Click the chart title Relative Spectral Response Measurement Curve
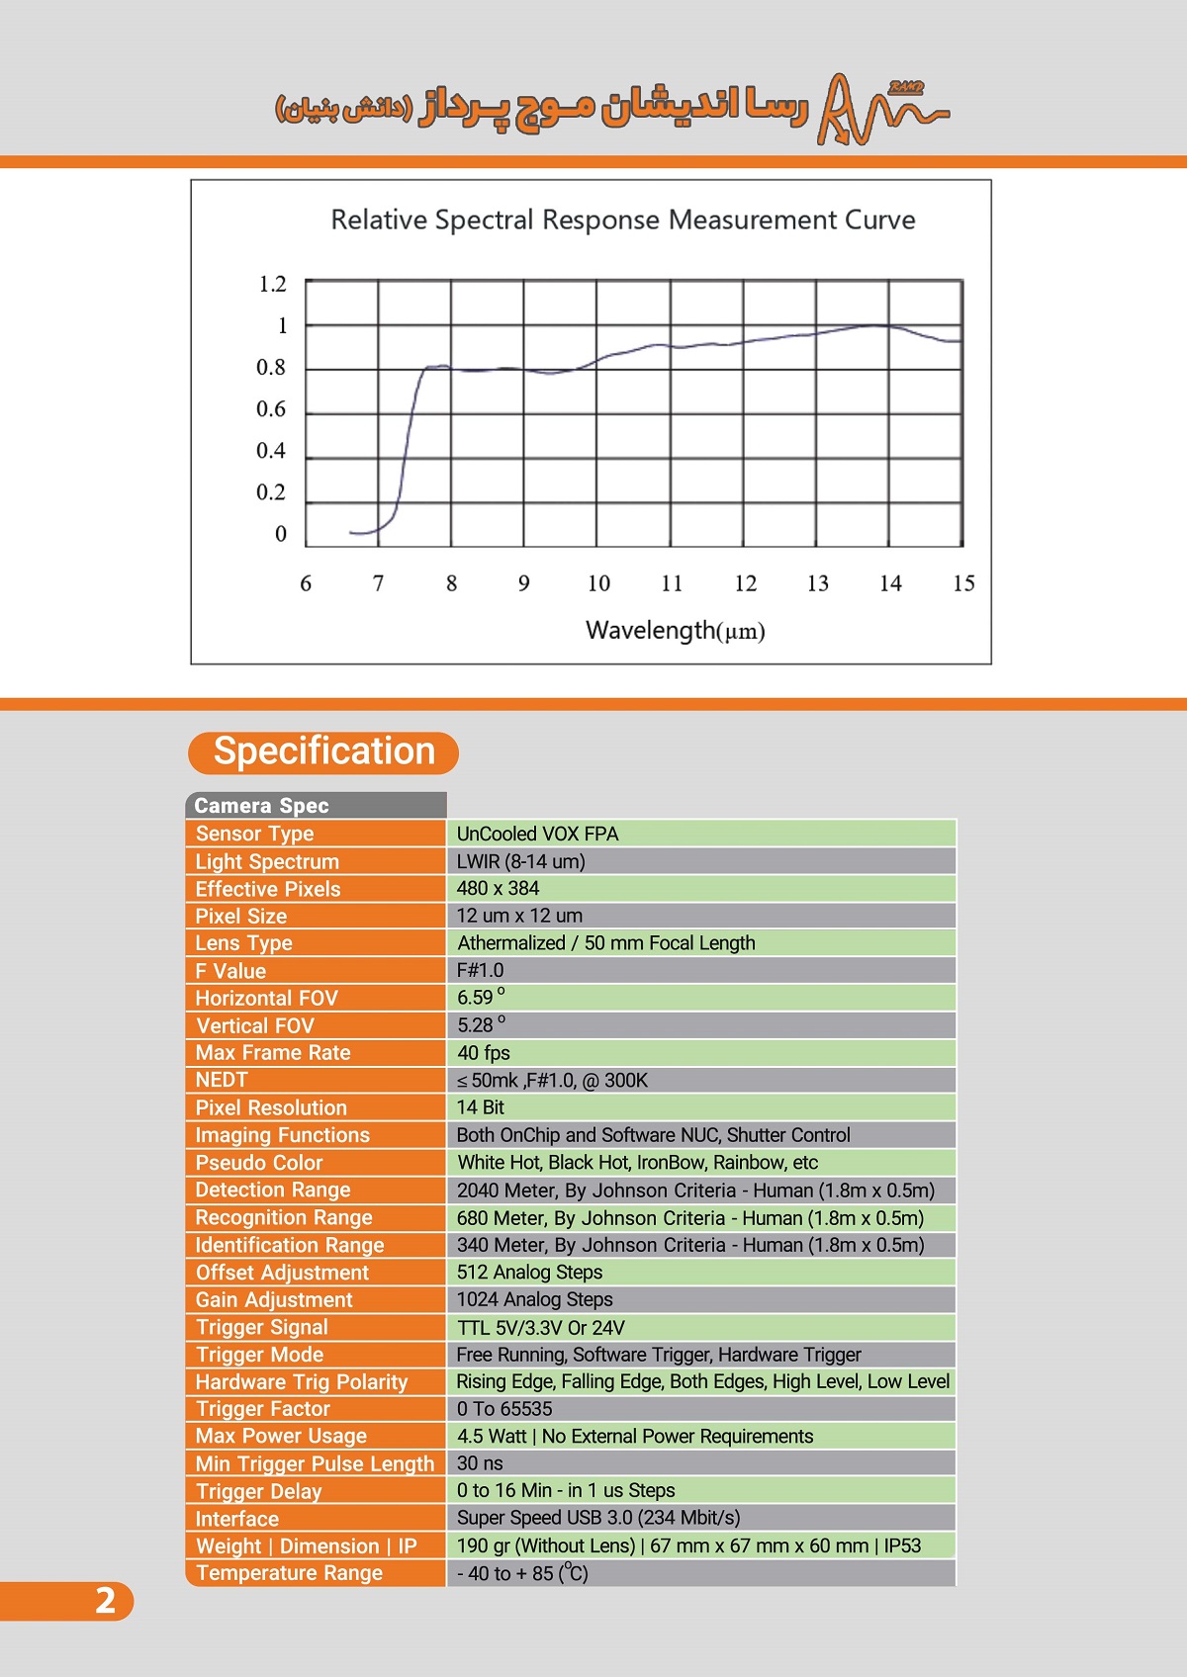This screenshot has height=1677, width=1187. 623,220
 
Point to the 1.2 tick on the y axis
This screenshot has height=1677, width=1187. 272,285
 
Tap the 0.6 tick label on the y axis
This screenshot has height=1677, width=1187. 271,409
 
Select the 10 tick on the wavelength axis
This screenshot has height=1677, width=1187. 598,583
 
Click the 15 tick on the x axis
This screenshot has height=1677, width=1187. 963,583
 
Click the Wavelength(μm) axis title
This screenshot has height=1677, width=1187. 676,631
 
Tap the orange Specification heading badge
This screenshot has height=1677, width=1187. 323,752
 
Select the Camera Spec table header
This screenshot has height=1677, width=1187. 315,806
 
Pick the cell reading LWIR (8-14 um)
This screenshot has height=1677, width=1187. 521,861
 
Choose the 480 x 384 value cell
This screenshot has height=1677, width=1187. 499,888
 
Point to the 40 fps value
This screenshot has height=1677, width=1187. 484,1053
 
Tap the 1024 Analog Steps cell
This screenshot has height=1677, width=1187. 535,1299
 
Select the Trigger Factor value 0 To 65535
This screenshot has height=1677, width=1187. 504,1408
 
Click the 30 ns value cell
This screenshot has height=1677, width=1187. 480,1462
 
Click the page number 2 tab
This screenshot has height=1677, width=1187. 104,1601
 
